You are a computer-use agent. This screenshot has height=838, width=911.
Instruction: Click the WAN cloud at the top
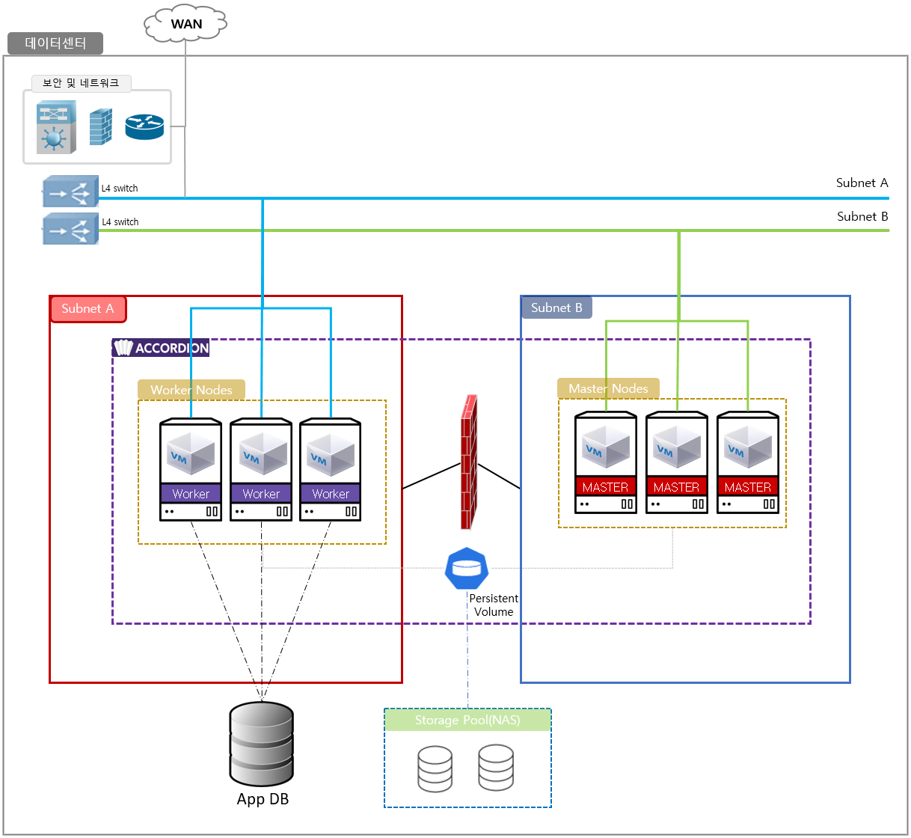pos(185,24)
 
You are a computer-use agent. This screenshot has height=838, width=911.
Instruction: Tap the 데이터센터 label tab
pos(55,43)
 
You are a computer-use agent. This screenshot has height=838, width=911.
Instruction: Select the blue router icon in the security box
pos(144,127)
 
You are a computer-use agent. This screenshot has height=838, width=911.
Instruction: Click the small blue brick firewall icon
pos(100,127)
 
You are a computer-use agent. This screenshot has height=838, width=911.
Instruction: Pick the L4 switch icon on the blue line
pos(70,191)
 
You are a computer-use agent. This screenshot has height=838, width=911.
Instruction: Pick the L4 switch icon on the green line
pos(70,229)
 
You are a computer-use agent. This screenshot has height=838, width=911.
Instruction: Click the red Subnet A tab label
pos(88,308)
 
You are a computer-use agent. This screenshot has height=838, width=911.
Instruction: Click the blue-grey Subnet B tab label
pos(556,308)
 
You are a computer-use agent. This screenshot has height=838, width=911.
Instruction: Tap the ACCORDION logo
pos(161,348)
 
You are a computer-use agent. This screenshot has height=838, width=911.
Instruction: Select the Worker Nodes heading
pos(191,390)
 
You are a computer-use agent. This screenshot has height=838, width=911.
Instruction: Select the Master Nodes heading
pos(608,388)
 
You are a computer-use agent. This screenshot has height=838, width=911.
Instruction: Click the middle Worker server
pos(261,469)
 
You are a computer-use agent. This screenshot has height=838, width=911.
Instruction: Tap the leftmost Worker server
pos(191,469)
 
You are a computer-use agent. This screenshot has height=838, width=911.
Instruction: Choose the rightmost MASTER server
pos(747,462)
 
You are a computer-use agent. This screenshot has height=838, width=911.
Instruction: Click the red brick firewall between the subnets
pos(469,462)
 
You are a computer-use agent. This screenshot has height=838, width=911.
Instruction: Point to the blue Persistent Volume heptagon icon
pos(467,569)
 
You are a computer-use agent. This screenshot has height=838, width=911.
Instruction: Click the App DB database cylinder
pos(261,743)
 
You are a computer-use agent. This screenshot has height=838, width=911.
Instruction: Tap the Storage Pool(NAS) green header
pos(467,720)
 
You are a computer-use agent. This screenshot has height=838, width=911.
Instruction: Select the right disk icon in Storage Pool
pos(496,767)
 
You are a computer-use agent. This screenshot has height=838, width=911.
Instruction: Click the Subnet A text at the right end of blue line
pos(862,183)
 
